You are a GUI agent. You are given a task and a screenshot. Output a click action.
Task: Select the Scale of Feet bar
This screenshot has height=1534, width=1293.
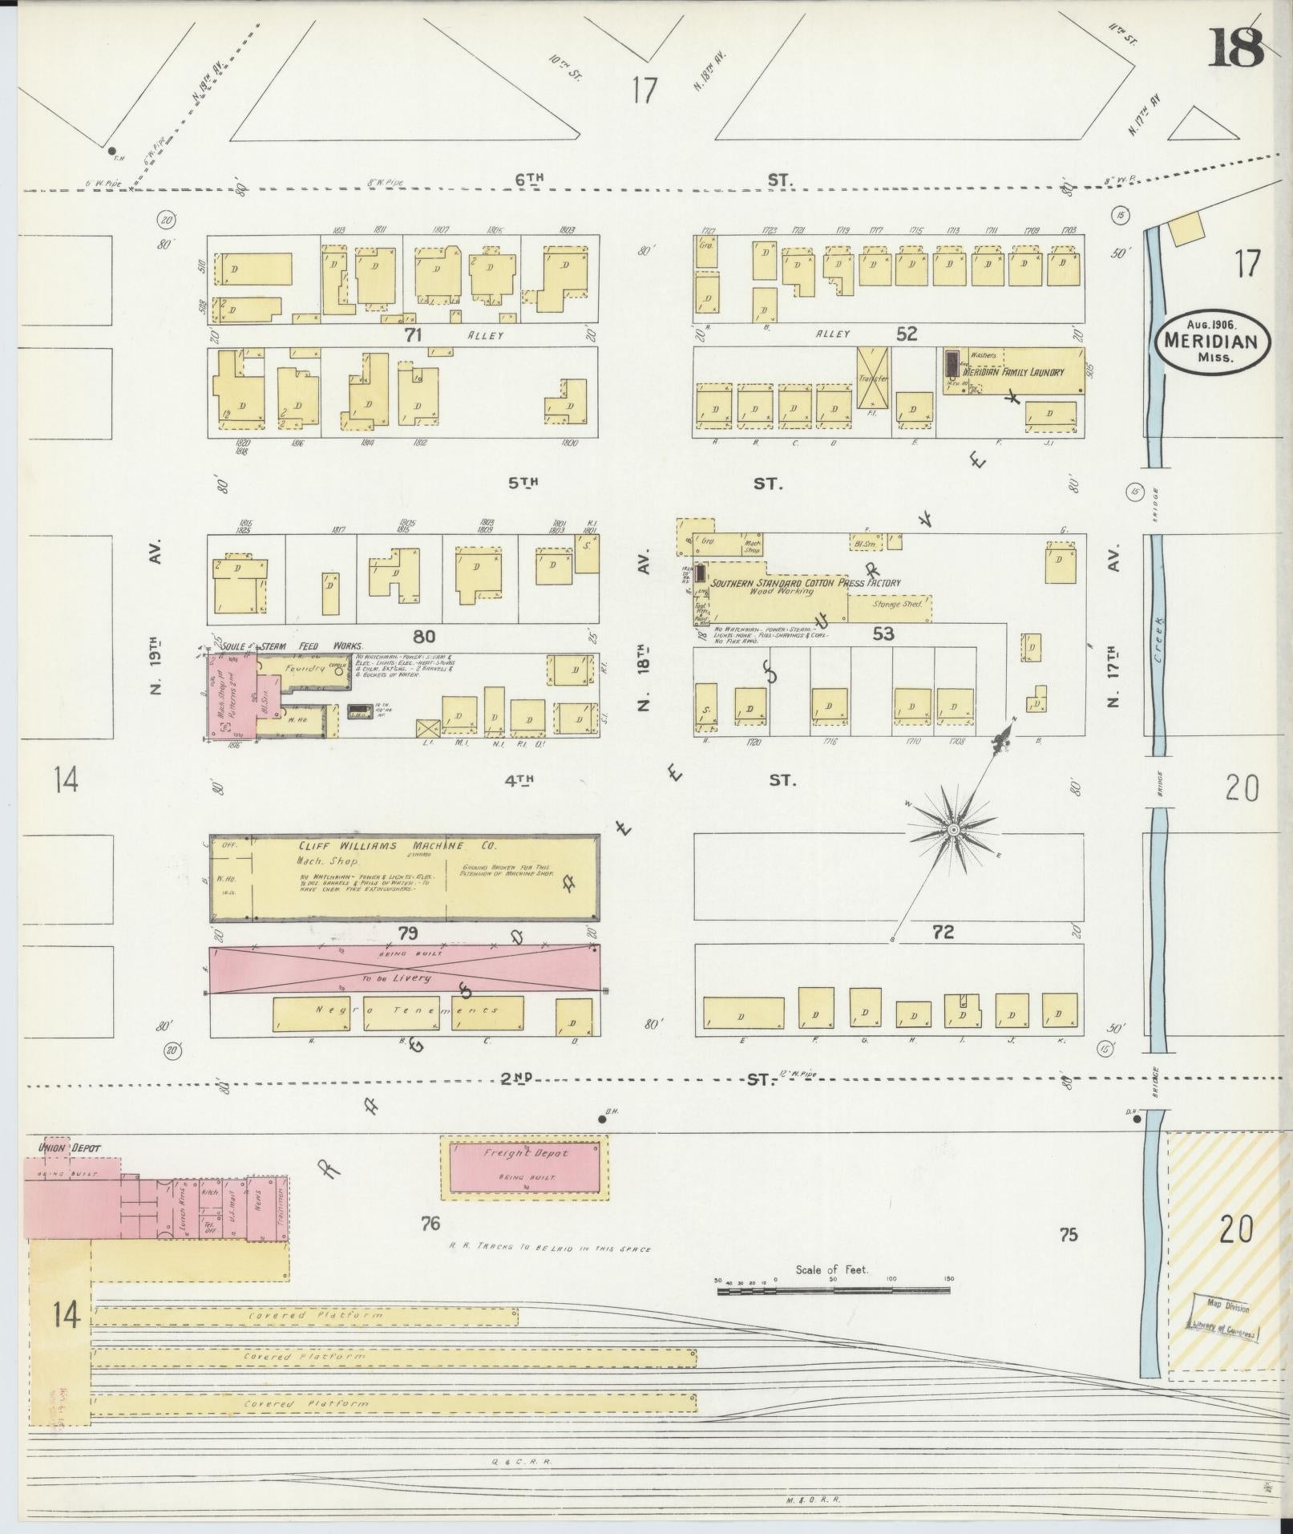point(834,1290)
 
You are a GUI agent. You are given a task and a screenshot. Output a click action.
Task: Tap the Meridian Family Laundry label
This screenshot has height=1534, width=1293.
point(1013,373)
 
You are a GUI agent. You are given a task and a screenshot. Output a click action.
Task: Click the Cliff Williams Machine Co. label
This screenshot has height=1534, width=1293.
point(398,846)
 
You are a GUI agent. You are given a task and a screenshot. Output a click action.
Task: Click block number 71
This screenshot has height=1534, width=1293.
point(413,335)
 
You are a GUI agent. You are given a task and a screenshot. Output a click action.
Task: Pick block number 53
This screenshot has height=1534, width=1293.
point(883,634)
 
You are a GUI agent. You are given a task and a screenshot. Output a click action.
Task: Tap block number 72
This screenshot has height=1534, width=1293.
point(943,932)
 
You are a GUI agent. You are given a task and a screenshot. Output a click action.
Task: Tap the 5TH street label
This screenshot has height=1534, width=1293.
point(522,483)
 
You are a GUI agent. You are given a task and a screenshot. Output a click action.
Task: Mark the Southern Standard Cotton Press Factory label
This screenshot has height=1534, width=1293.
point(806,583)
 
